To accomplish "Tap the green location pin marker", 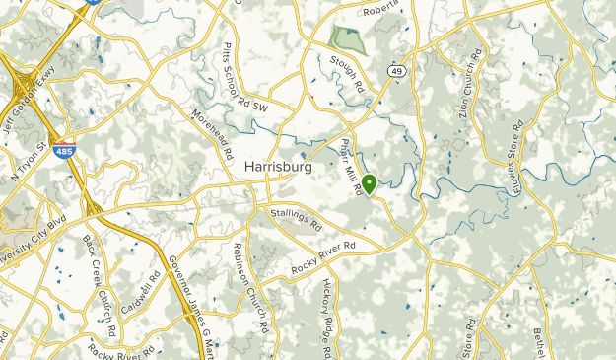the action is [370, 183].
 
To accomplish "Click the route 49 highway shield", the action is [395, 71].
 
